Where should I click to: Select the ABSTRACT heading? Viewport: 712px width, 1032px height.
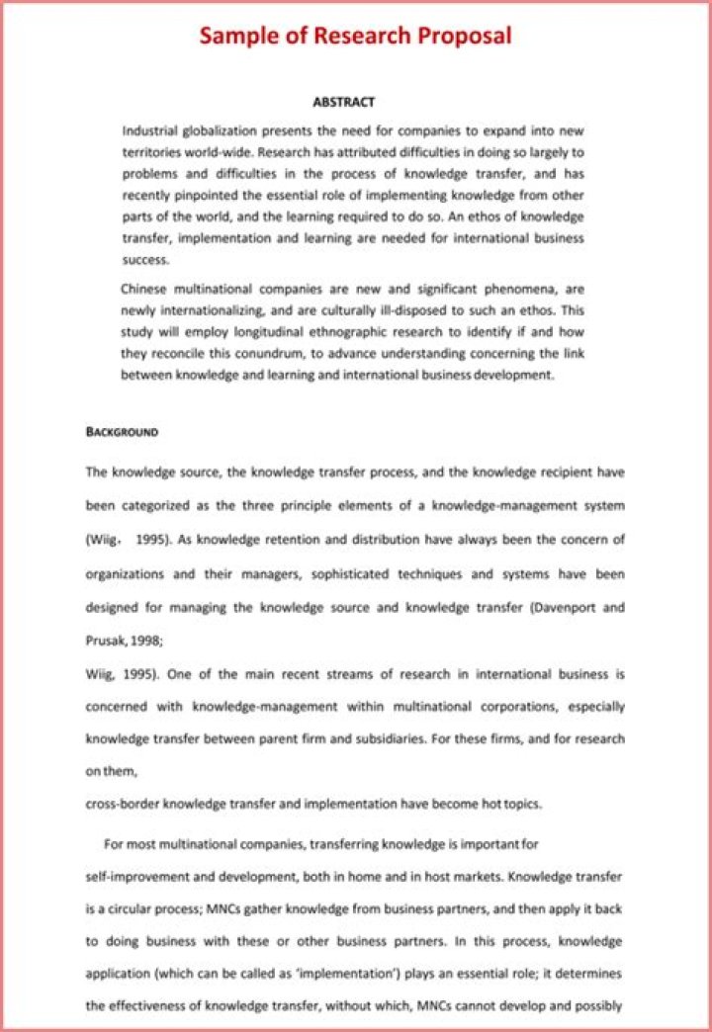343,102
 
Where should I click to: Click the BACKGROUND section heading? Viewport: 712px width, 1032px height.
122,433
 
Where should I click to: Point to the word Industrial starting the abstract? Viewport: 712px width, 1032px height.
150,130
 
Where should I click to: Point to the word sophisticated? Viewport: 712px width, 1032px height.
352,573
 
